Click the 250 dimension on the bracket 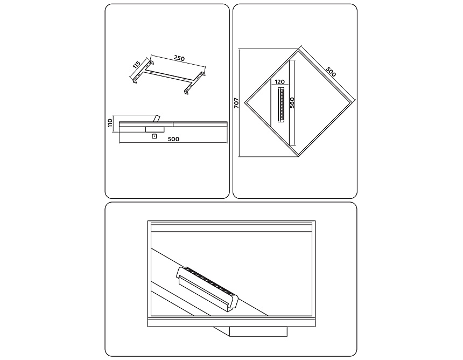179,58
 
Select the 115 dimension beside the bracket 136,65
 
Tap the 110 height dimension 110,123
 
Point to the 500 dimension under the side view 173,139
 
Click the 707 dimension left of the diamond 236,103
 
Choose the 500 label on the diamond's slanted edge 331,72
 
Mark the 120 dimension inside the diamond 280,82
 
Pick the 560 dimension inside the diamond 292,103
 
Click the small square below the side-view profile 153,136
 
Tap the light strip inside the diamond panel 281,105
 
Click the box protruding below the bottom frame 258,331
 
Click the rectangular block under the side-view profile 155,129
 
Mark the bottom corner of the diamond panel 299,156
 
